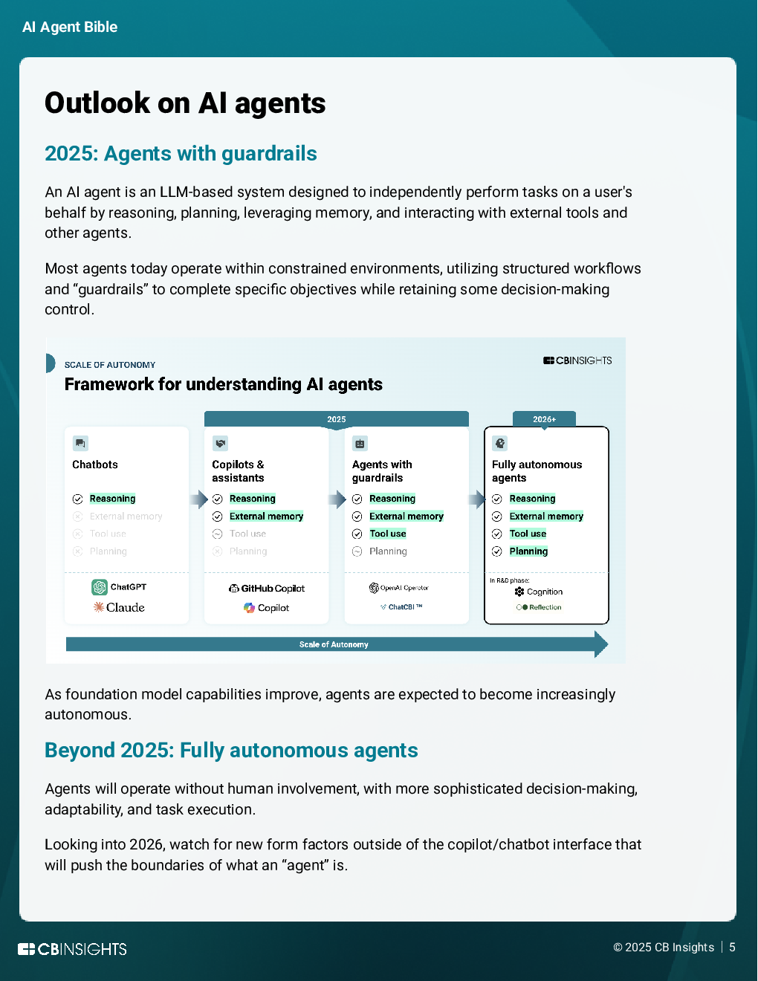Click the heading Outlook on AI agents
point(185,103)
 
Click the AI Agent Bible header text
point(70,27)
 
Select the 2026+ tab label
point(544,419)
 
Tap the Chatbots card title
point(95,464)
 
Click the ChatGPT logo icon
point(100,587)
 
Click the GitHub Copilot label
point(272,589)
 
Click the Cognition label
point(544,592)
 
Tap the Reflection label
point(545,607)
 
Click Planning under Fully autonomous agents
point(528,551)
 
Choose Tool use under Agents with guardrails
point(388,534)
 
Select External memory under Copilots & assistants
point(266,517)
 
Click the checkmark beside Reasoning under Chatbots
point(78,499)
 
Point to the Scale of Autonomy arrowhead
point(601,644)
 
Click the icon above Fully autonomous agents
point(500,444)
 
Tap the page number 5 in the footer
point(732,948)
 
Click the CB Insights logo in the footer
point(73,949)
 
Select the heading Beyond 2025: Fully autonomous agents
point(231,751)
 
